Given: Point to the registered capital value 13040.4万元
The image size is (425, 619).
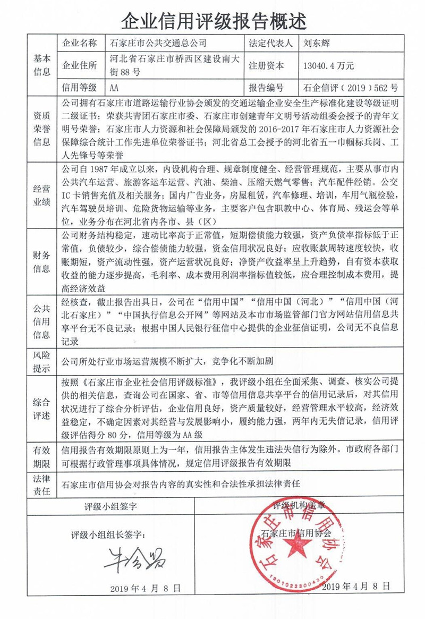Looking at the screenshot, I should coord(328,66).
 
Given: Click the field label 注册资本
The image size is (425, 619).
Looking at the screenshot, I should coord(266,66).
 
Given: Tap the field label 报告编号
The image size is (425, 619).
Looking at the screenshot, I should coord(266,88).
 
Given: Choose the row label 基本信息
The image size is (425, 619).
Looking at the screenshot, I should coord(42,65).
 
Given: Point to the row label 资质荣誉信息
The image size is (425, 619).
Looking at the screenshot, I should coord(42,128).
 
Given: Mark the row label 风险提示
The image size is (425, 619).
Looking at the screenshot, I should coord(42,362).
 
